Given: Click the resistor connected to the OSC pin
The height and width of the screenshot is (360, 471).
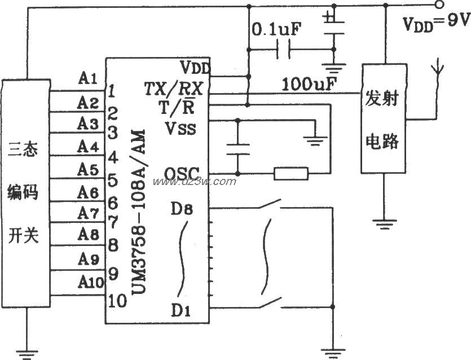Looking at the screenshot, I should tap(291, 174).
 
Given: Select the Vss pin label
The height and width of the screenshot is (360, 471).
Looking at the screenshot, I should tap(181, 128).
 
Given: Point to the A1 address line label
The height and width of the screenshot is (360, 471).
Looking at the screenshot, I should tap(89, 79).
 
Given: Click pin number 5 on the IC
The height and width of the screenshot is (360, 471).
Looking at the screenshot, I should tap(112, 181).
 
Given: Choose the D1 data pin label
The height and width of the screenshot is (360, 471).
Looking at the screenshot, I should tap(182, 309).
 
